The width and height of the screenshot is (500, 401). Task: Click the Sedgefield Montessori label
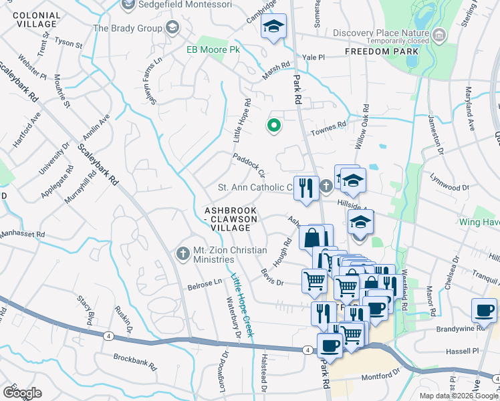click(184, 5)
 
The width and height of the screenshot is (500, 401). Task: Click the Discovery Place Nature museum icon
click(439, 34)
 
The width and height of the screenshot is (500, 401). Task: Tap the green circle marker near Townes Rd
click(273, 124)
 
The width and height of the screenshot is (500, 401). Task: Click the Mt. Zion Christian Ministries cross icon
click(182, 254)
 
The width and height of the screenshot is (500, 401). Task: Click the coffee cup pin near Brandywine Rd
click(483, 311)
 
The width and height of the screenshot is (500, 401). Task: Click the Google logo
click(22, 392)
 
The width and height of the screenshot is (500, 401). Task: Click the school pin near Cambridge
click(273, 28)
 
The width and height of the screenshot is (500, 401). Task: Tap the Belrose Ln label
click(205, 283)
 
